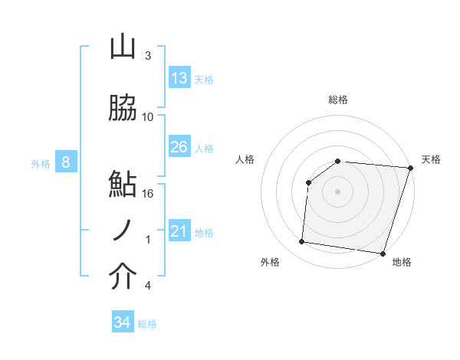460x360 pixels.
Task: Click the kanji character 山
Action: click(x=123, y=47)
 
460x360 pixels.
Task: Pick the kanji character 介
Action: click(x=123, y=277)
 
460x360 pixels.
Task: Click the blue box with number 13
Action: click(x=179, y=77)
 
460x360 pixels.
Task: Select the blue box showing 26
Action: click(x=179, y=147)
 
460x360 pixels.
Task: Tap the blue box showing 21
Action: click(x=179, y=231)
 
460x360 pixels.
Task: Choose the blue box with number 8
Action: click(x=65, y=162)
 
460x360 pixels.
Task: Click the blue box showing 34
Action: click(x=123, y=322)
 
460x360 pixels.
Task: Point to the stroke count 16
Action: click(x=148, y=194)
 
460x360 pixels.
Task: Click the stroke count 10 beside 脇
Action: click(x=148, y=117)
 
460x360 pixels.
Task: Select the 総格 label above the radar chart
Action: click(x=338, y=100)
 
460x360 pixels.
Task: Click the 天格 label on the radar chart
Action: click(x=432, y=159)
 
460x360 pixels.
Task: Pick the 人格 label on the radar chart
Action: click(x=245, y=159)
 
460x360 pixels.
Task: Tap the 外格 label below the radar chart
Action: click(x=270, y=262)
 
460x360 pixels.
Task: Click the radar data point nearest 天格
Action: click(x=410, y=167)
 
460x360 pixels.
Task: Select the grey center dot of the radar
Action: click(x=338, y=191)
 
